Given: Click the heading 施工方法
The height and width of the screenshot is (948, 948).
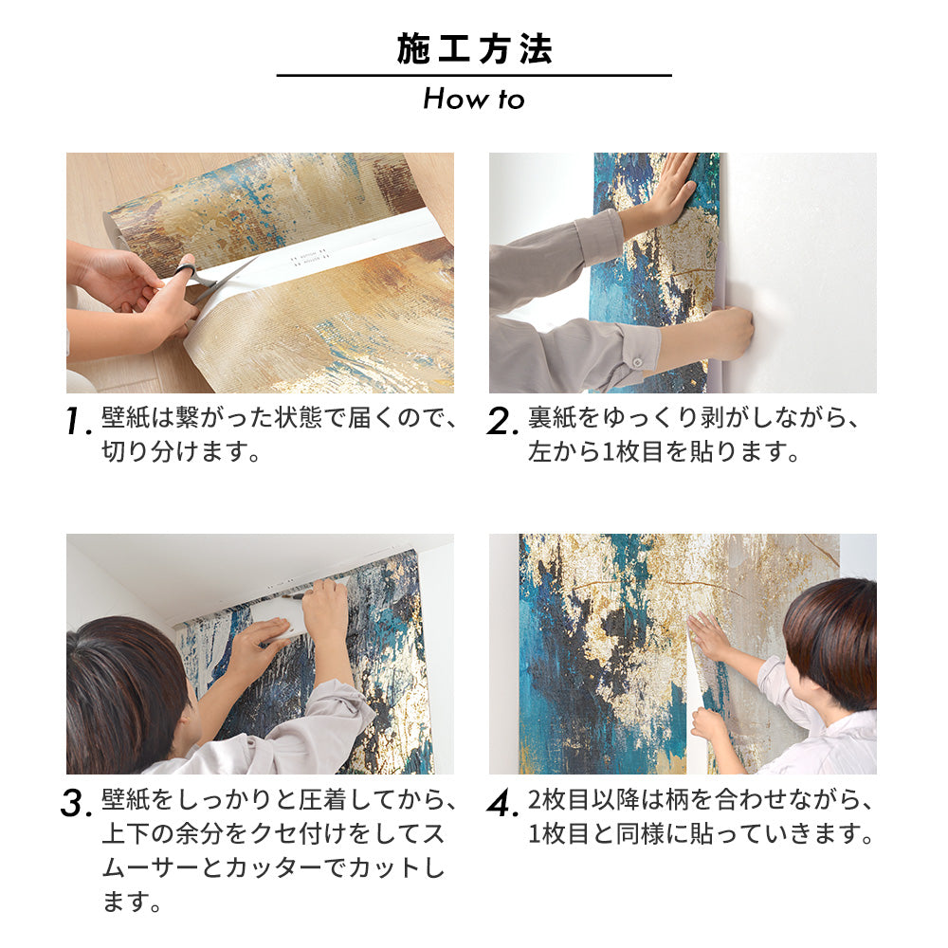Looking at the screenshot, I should pos(474,49).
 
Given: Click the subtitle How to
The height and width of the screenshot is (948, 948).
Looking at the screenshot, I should pos(473,99).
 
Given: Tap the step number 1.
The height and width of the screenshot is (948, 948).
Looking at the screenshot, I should pos(79,423).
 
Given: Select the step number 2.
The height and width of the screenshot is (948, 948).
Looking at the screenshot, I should pos(502,423).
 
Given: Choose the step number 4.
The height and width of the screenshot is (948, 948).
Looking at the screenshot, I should pos(501,804).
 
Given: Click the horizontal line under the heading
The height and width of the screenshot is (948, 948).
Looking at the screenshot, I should pos(474,76).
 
